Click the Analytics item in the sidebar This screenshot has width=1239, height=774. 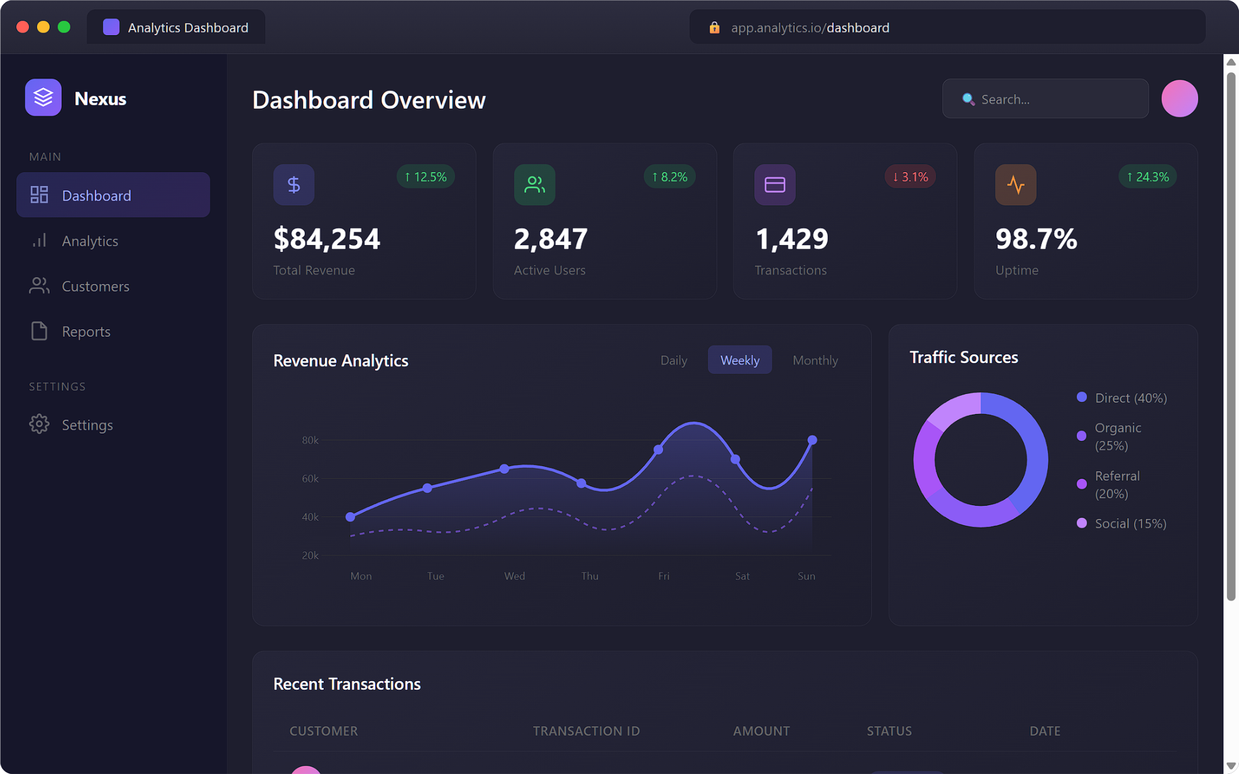89,241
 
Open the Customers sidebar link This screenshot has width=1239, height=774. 95,286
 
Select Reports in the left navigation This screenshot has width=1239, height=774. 85,332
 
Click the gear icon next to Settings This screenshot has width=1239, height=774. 39,425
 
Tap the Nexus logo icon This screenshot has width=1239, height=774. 43,98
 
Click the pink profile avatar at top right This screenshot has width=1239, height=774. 1179,99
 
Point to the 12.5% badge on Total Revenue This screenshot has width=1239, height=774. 426,177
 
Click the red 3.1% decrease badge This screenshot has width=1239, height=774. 910,177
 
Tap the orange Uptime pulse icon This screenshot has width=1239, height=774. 1015,185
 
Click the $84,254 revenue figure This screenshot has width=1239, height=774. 327,239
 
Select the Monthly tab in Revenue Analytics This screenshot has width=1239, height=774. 815,361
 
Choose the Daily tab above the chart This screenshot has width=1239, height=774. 673,361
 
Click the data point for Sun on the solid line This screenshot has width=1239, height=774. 812,440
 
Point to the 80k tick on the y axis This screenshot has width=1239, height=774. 310,440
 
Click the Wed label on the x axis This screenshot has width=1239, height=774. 514,576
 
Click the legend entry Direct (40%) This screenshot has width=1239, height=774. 1130,398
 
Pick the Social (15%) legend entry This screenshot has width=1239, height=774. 1130,524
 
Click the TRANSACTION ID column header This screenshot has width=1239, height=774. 586,731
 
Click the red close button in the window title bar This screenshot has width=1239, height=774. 23,27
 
